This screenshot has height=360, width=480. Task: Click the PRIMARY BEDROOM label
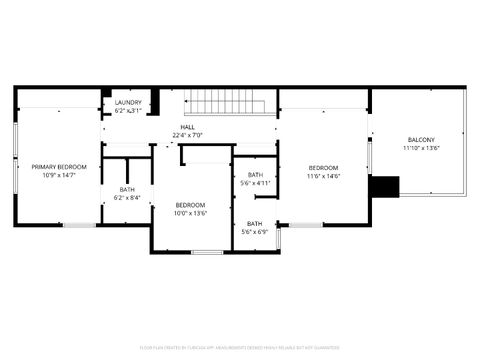[x=58, y=167]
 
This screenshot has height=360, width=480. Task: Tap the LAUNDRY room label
[x=128, y=102]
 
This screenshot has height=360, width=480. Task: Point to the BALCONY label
[x=421, y=139]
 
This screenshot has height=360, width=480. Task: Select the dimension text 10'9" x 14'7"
[x=58, y=176]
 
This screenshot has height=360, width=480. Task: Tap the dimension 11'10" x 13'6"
[x=421, y=148]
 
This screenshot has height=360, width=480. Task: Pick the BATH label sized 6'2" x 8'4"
[x=127, y=189]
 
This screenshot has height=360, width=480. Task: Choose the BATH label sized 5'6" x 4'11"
[x=256, y=175]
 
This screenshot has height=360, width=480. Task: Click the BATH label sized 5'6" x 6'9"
[x=255, y=223]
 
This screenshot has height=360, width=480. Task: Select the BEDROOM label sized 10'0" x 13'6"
[x=190, y=204]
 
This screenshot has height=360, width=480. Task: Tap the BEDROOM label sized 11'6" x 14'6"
[x=323, y=167]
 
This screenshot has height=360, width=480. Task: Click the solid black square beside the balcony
[x=384, y=187]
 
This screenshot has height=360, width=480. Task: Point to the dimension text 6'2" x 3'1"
[x=128, y=111]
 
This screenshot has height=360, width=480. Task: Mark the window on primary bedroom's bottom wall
[x=80, y=225]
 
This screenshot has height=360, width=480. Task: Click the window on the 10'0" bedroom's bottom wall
[x=206, y=252]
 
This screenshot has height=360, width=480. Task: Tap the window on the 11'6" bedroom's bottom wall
[x=306, y=225]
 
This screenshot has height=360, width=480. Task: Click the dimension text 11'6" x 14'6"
[x=323, y=176]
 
